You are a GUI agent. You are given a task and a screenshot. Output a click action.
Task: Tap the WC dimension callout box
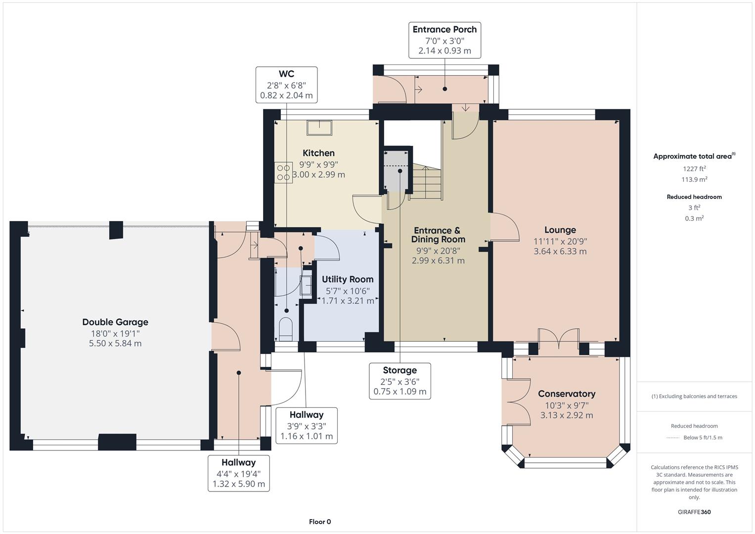[286, 85]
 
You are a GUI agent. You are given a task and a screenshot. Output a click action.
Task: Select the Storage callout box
[400, 381]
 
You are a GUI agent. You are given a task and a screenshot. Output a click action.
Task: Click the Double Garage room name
[115, 322]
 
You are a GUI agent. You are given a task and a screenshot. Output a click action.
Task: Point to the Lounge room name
[560, 230]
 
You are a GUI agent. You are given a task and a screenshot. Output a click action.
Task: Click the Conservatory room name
[566, 394]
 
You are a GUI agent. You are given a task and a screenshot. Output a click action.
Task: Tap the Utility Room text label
[348, 279]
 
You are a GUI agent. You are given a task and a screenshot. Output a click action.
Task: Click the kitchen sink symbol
[319, 128]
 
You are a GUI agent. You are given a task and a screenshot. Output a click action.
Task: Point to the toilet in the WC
[286, 329]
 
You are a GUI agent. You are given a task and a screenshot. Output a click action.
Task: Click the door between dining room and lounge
[503, 227]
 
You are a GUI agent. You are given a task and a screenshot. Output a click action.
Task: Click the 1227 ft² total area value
[694, 169]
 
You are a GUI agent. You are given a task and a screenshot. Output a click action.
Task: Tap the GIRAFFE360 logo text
[694, 512]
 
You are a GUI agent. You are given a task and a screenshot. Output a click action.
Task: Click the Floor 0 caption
[320, 522]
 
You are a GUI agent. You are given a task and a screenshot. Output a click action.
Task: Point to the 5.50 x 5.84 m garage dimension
[115, 344]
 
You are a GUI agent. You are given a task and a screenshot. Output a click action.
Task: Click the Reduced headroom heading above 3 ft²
[694, 197]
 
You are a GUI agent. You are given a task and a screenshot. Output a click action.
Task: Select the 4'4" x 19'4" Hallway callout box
[239, 473]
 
